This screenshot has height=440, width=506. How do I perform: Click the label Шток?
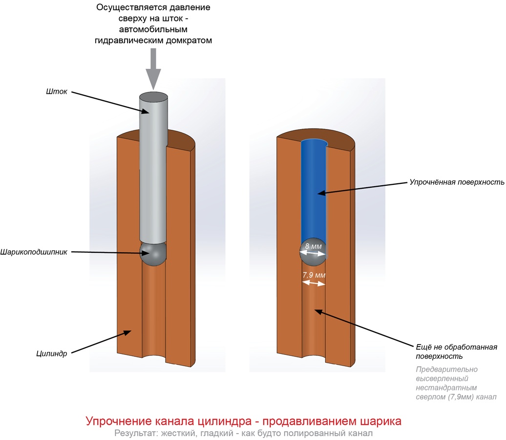[57, 91]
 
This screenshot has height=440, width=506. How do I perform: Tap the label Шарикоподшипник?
[34, 252]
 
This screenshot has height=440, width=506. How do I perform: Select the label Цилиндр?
[52, 353]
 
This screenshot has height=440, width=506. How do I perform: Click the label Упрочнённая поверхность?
[457, 182]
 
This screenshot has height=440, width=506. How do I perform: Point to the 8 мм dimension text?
[314, 246]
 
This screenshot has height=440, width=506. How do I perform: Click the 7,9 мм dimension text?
[314, 275]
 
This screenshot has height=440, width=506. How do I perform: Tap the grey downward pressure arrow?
[153, 69]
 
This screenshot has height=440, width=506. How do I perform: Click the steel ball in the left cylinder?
[153, 254]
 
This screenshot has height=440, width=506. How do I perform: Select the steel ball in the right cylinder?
[313, 254]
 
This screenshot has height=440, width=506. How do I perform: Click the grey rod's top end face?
[153, 96]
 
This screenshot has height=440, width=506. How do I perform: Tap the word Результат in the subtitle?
[135, 433]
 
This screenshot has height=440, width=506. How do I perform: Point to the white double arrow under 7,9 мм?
[314, 284]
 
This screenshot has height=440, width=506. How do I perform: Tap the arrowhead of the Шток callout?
[145, 111]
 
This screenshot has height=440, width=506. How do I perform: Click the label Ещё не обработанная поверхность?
[456, 352]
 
